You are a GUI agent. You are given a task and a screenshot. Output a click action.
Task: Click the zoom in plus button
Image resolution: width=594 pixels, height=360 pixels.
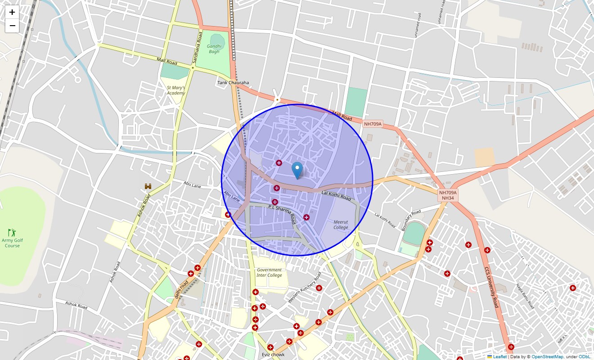(12, 13)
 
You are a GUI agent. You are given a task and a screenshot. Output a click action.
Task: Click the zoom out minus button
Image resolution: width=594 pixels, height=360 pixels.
(12, 26)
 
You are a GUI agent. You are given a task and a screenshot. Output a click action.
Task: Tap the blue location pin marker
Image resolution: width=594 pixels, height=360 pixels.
(297, 171)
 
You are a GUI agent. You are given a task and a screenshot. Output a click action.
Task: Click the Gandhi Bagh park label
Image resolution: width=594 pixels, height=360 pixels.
(214, 49)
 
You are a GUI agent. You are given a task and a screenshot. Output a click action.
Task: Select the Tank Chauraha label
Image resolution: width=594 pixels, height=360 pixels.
(233, 83)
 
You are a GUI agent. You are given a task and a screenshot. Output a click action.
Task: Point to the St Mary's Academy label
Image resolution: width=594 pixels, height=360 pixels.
(175, 90)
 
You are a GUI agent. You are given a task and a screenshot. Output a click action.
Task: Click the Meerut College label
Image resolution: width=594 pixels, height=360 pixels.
(341, 225)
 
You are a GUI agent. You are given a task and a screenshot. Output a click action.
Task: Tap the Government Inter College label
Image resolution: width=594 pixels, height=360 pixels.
(269, 273)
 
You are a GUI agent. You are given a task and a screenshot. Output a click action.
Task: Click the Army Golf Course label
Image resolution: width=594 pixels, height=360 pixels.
(12, 243)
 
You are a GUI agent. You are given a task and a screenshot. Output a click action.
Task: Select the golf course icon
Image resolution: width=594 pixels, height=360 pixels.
(12, 233)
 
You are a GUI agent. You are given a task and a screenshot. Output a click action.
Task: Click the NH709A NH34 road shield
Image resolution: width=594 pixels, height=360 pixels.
(448, 195)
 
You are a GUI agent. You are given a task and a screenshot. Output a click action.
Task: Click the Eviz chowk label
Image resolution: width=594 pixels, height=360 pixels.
(273, 355)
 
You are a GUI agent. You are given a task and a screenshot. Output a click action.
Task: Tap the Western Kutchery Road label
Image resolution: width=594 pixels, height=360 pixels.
(305, 287)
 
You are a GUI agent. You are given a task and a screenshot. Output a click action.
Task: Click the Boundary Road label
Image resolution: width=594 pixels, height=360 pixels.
(411, 220)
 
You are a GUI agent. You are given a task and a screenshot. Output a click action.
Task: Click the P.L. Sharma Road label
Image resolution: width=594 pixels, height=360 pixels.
(282, 214)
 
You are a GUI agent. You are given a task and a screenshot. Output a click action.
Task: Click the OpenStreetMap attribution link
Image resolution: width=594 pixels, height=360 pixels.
(547, 357)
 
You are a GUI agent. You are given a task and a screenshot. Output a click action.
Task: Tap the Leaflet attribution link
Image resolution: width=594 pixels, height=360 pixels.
(499, 357)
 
